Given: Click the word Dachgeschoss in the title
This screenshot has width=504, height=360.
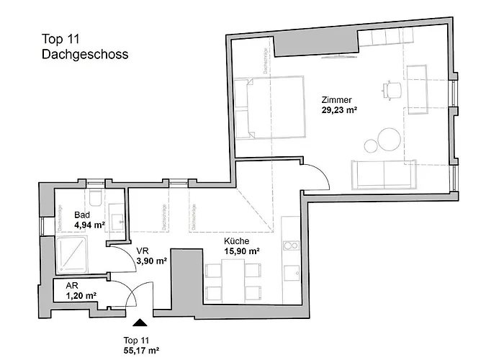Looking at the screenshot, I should (x=85, y=53).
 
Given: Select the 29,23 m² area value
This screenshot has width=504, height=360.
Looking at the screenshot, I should (x=340, y=110).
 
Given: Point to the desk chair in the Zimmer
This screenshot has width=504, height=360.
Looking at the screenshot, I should (x=392, y=89).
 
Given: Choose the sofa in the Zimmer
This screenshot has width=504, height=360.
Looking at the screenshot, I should (x=384, y=173).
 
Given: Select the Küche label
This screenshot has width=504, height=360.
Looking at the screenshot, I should (x=236, y=241).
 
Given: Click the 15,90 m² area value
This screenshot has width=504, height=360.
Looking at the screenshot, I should (x=241, y=251).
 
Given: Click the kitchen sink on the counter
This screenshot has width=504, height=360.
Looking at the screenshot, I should (x=291, y=273).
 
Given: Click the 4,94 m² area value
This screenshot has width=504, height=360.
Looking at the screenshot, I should (x=90, y=225).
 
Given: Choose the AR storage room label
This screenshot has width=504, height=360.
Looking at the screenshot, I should (x=71, y=286).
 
